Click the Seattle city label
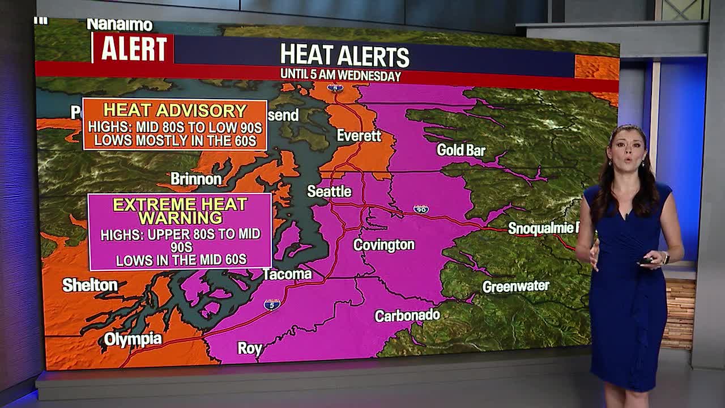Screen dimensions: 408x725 [329, 192]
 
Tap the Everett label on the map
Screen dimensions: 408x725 [359, 136]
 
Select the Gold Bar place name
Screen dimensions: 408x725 [461, 150]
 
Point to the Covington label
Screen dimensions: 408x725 [384, 245]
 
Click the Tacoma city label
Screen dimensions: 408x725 [287, 274]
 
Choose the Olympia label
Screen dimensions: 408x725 [133, 339]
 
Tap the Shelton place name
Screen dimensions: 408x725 [90, 285]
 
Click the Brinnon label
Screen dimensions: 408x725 [196, 179]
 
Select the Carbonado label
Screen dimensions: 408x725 [407, 316]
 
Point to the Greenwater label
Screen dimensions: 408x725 [515, 286]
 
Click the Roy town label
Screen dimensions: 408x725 [249, 348]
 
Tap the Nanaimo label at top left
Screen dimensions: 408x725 [120, 25]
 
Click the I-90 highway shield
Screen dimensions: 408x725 [420, 209]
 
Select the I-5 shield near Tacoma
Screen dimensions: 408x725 [272, 305]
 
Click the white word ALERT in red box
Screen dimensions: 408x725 [133, 49]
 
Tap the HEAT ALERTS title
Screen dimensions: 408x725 [344, 56]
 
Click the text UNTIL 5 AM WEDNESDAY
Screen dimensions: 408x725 [340, 75]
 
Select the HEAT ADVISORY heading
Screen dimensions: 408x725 [174, 110]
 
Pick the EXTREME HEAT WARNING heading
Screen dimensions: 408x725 [180, 211]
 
